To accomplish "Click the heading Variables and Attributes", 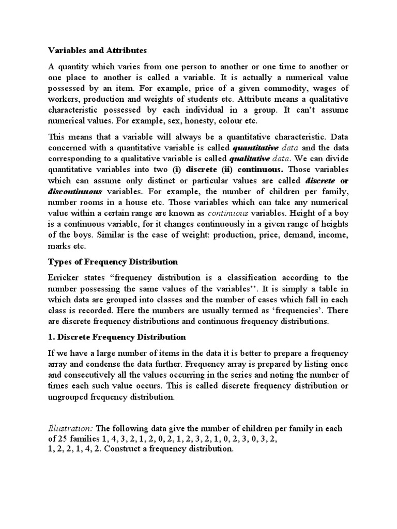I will click(x=97, y=51).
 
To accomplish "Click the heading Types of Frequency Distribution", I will click(x=113, y=261).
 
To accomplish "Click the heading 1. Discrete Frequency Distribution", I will click(x=116, y=337).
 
